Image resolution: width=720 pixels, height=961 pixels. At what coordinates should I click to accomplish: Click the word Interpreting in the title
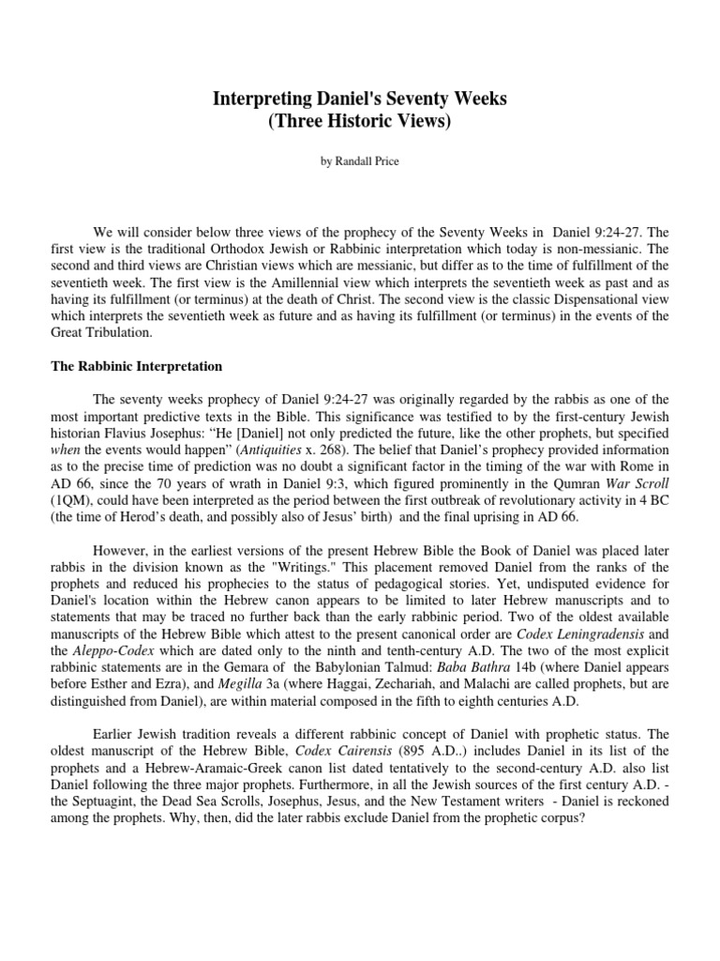coord(259,99)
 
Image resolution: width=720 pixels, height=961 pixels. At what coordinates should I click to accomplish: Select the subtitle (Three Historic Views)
coord(359,123)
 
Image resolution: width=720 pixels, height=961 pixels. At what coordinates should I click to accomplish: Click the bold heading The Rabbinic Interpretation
coord(136,366)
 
